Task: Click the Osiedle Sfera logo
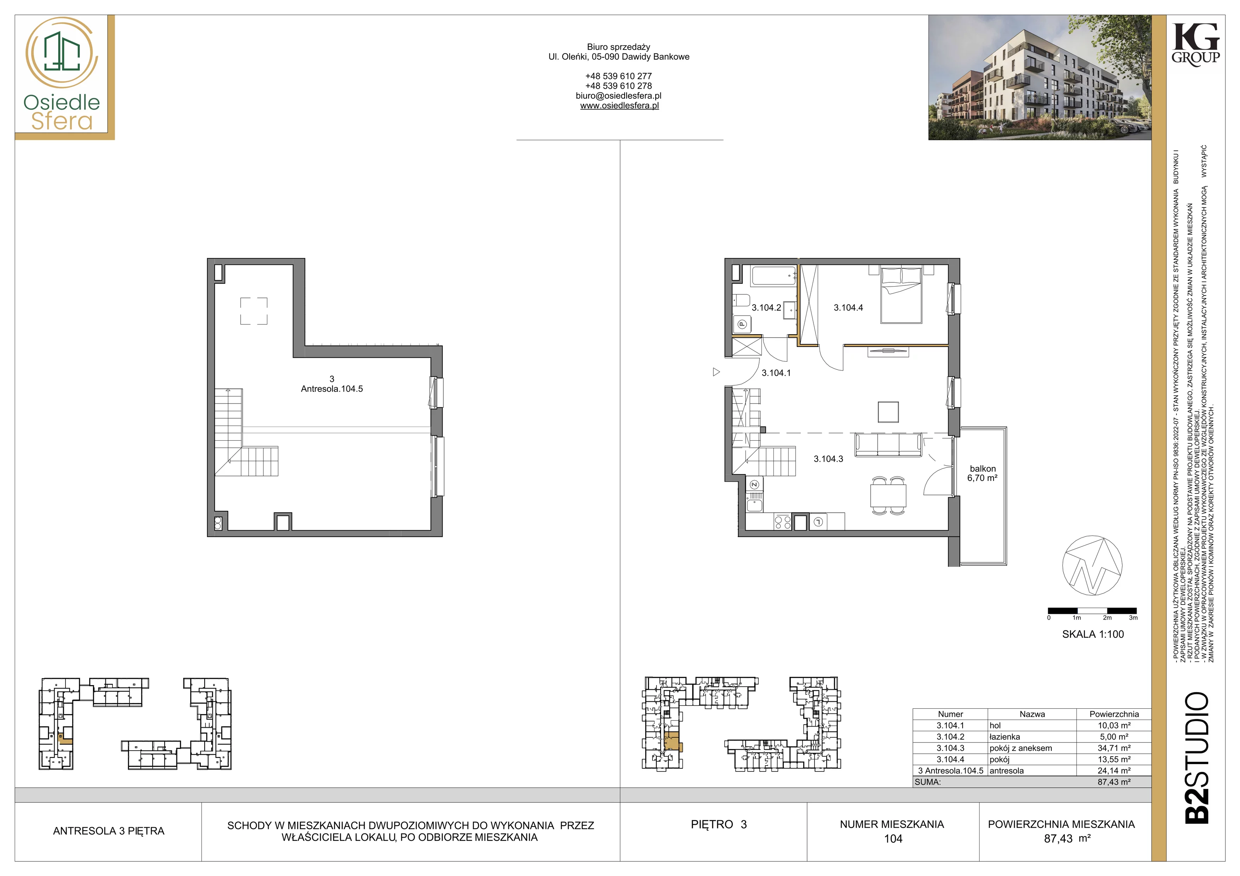(62, 75)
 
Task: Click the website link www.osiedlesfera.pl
(620, 106)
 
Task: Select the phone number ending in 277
(618, 76)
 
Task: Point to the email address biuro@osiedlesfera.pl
(618, 96)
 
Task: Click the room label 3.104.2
(766, 307)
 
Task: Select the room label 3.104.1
(776, 373)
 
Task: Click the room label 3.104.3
(828, 459)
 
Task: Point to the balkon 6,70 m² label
(982, 473)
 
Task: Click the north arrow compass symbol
(1092, 566)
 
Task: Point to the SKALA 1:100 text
(1093, 634)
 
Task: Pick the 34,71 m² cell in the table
(1114, 748)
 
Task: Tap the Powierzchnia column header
(1114, 714)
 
